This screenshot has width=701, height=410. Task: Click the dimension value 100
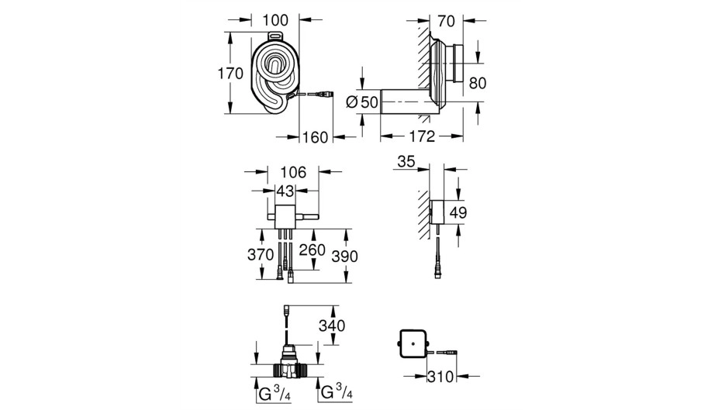coord(275,21)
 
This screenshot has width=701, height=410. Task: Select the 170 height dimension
coord(230,74)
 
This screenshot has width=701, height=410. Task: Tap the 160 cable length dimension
coord(315,137)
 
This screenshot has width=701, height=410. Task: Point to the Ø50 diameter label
coord(362,102)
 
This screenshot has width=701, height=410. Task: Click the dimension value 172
coord(423,136)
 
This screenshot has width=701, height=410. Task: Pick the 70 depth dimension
coord(446,21)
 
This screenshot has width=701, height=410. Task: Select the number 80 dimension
coord(478,83)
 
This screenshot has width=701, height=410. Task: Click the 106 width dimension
coord(293,172)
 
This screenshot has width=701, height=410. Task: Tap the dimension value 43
coord(285,191)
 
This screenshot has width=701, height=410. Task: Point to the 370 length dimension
coord(261,254)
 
